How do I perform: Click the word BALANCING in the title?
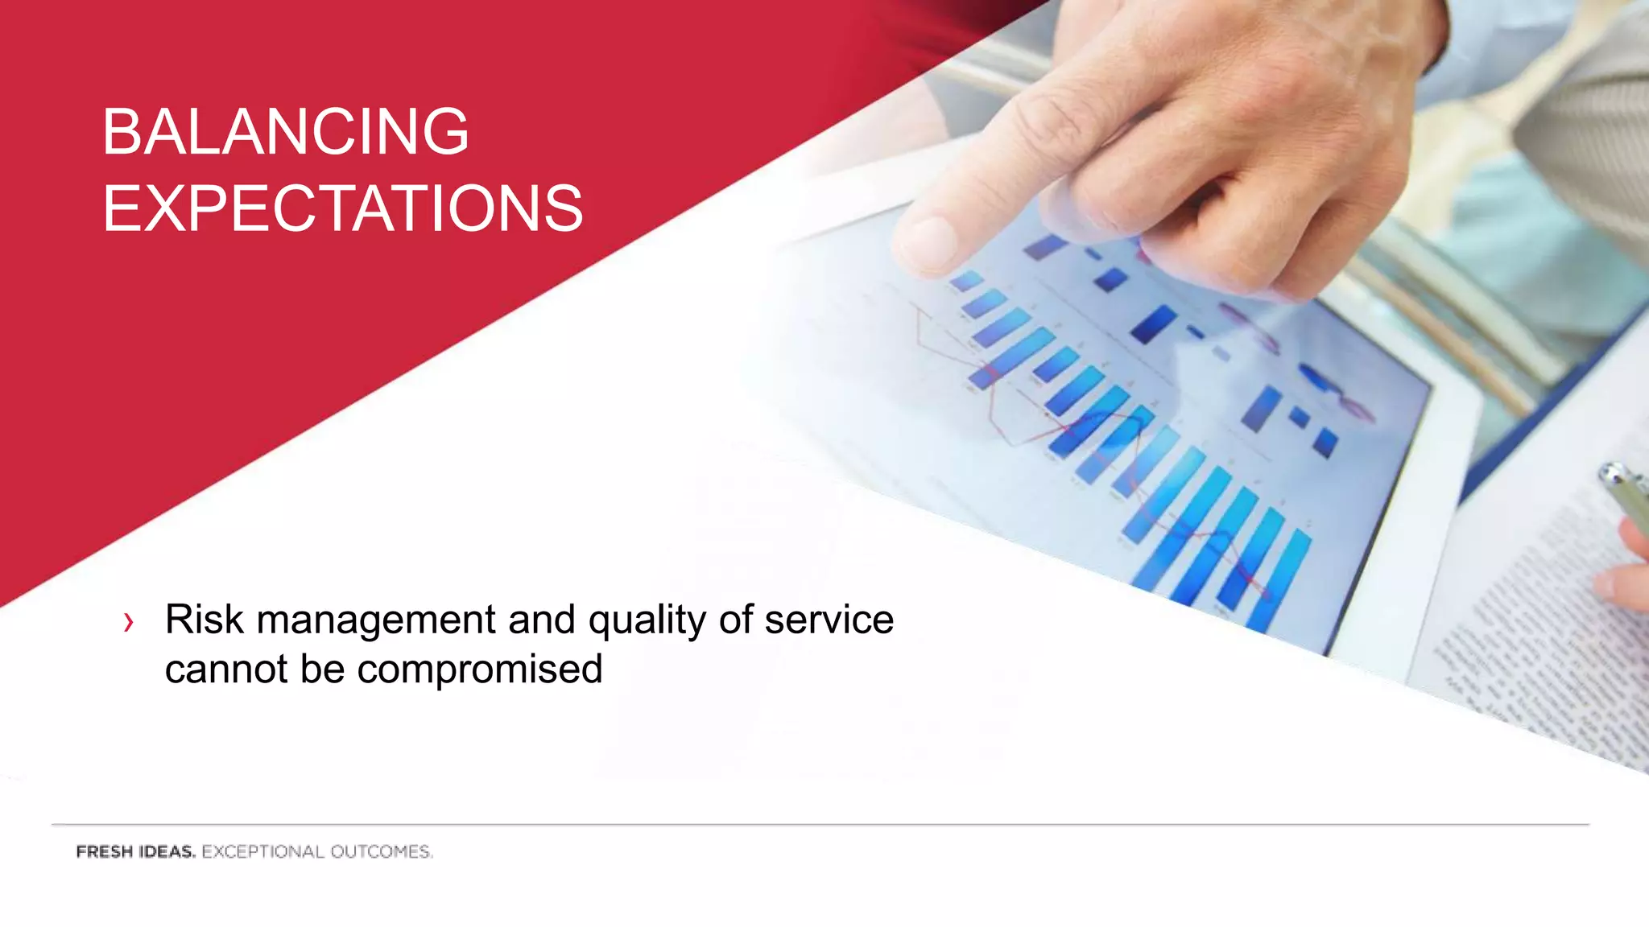[285, 132]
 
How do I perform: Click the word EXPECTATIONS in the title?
[342, 209]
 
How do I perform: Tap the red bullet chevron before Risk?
[128, 622]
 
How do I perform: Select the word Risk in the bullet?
[204, 620]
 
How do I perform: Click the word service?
[829, 620]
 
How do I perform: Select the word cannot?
[226, 669]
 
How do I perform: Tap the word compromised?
[479, 670]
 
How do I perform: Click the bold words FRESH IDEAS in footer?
[135, 851]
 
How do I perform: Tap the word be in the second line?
[322, 669]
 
